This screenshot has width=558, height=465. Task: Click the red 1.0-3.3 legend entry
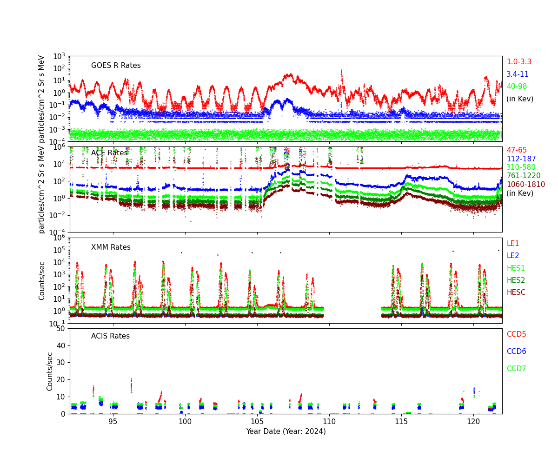(x=518, y=62)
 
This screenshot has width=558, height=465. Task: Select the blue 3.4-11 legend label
(x=518, y=74)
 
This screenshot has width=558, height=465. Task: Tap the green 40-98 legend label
(x=517, y=86)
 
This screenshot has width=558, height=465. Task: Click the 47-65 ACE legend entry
(x=517, y=150)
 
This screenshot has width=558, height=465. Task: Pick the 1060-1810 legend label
(x=525, y=185)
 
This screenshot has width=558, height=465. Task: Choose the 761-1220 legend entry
(x=524, y=176)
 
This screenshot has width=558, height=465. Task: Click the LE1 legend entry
(x=512, y=244)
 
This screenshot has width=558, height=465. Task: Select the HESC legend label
(x=516, y=292)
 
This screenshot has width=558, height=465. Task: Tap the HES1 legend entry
(x=516, y=268)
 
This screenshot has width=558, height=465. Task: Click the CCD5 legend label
(x=516, y=334)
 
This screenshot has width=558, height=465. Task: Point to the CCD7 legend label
(x=516, y=369)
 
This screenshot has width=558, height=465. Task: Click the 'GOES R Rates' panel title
(x=116, y=66)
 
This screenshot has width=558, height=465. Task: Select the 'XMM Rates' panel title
(x=111, y=247)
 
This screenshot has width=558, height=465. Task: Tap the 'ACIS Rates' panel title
(x=110, y=336)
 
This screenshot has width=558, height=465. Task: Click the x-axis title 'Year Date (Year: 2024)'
(x=286, y=432)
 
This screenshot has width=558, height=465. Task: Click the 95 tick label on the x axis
(x=113, y=422)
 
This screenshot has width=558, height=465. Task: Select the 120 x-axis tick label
(x=473, y=422)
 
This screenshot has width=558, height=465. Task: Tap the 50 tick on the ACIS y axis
(x=60, y=329)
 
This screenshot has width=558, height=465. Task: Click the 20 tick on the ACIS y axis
(x=60, y=380)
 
